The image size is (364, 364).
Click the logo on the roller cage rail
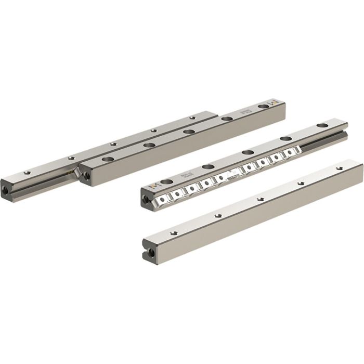[x=153, y=186]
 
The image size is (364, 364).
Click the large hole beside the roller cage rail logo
[x=166, y=181]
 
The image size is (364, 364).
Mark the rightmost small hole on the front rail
[x=339, y=167]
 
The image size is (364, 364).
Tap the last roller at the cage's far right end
[x=297, y=151]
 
